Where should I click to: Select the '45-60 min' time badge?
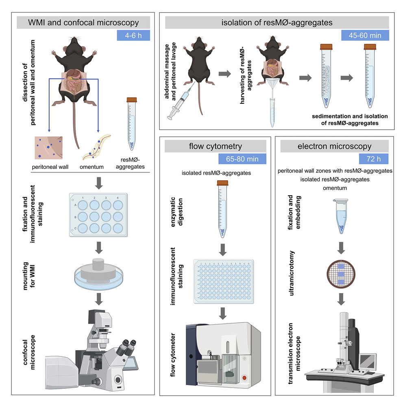point(365,35)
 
